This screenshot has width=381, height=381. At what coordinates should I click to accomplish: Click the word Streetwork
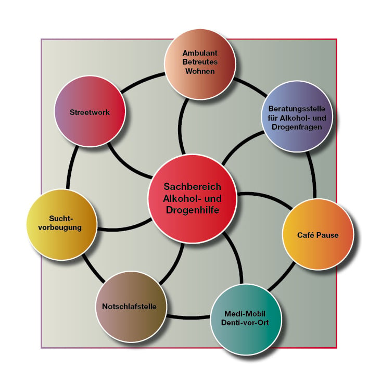(x=90, y=112)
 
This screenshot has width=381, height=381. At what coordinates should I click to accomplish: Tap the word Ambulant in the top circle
(x=200, y=53)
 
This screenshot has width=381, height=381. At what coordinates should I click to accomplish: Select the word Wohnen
(x=200, y=71)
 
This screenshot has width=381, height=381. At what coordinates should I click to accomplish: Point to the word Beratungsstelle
(x=297, y=109)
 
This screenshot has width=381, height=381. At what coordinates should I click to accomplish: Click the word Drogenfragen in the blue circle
(x=297, y=127)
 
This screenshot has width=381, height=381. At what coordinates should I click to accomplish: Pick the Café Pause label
(x=318, y=235)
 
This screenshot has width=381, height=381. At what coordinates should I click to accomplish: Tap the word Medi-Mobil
(x=245, y=313)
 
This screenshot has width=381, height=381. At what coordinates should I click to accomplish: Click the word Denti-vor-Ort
(x=245, y=323)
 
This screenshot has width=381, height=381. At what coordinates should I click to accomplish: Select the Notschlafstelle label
(x=129, y=307)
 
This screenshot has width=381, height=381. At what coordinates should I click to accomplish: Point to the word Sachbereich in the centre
(x=193, y=187)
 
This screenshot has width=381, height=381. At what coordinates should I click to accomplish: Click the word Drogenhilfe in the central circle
(x=193, y=210)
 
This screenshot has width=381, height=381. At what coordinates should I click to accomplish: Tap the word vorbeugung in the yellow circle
(x=60, y=227)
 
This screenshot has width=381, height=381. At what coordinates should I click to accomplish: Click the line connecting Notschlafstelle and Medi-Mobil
(x=188, y=317)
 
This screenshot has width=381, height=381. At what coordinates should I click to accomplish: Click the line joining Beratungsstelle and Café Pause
(x=313, y=174)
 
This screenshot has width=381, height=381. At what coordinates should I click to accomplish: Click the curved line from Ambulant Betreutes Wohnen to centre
(x=180, y=126)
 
